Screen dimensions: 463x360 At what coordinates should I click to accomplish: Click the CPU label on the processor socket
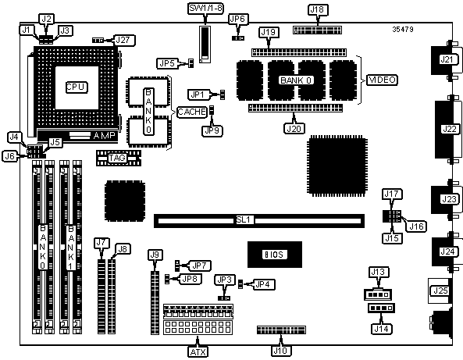click(77, 87)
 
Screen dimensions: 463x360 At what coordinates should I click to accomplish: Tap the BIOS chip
click(275, 255)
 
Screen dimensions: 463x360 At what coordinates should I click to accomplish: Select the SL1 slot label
click(244, 220)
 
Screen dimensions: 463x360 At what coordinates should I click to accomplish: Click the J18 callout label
click(317, 9)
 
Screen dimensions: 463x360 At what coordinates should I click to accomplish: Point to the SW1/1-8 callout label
click(205, 9)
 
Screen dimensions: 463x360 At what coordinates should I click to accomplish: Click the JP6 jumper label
click(237, 20)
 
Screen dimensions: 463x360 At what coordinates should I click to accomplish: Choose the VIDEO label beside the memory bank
click(382, 80)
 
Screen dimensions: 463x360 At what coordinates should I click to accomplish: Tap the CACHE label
click(191, 112)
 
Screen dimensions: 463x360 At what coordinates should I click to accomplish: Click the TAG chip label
click(117, 158)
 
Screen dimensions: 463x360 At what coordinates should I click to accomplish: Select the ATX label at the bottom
click(198, 351)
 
